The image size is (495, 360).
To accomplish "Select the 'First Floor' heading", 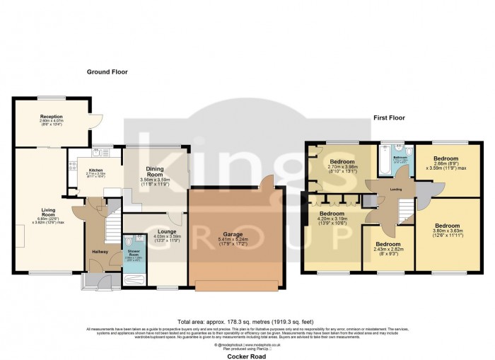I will [389, 118].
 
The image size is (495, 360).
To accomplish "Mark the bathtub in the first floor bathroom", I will [383, 162].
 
